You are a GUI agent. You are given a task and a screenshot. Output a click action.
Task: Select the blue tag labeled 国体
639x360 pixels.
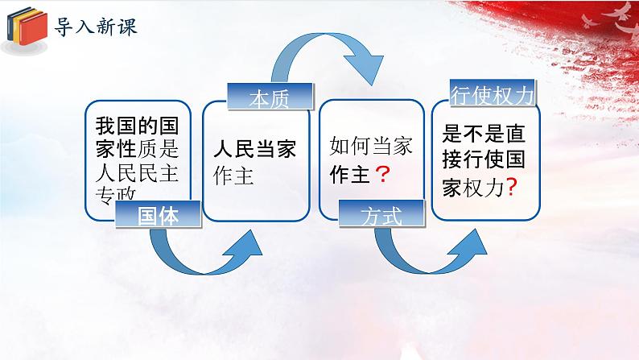click(157, 215)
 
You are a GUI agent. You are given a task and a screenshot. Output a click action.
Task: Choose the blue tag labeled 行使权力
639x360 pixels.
click(490, 95)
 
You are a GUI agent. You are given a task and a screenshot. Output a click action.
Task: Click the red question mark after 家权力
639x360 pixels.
click(509, 186)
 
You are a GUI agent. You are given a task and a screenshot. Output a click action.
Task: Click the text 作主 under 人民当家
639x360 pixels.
click(234, 176)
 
